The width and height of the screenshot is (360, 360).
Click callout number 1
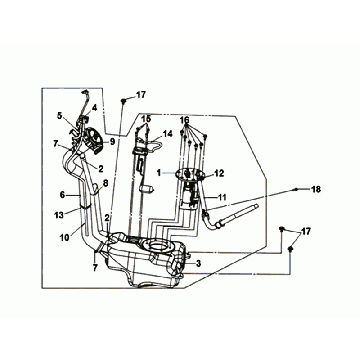pos(159,172)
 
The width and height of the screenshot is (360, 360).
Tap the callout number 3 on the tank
pos(199,264)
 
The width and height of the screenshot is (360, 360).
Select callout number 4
pos(95,108)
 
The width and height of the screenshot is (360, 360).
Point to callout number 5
pos(60,116)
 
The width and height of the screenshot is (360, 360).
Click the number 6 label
pos(62,195)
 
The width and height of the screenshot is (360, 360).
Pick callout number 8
pos(105,183)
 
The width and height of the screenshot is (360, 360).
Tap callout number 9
pos(112,142)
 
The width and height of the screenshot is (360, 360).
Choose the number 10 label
pos(65,237)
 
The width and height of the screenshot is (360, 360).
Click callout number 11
pos(222,197)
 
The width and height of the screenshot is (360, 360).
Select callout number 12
pos(220,173)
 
